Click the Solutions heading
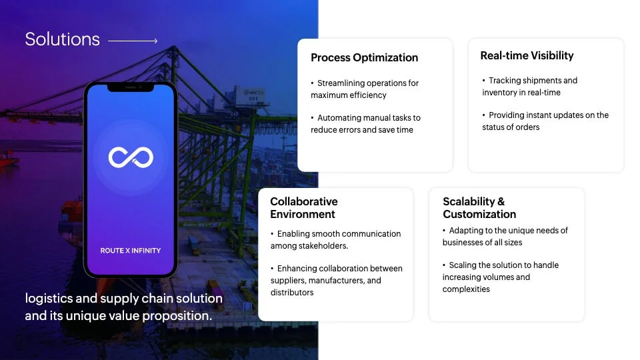click(63, 39)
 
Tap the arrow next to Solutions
click(133, 41)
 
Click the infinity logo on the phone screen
click(131, 157)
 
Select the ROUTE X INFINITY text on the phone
click(131, 251)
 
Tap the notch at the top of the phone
click(131, 87)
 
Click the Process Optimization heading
click(365, 57)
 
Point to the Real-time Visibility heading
click(527, 55)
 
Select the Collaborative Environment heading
click(304, 208)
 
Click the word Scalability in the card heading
click(469, 201)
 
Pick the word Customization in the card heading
click(479, 214)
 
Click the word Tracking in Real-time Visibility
click(505, 81)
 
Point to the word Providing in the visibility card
click(506, 115)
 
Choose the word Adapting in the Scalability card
click(465, 231)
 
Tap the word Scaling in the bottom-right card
click(463, 265)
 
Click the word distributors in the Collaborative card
click(292, 293)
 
